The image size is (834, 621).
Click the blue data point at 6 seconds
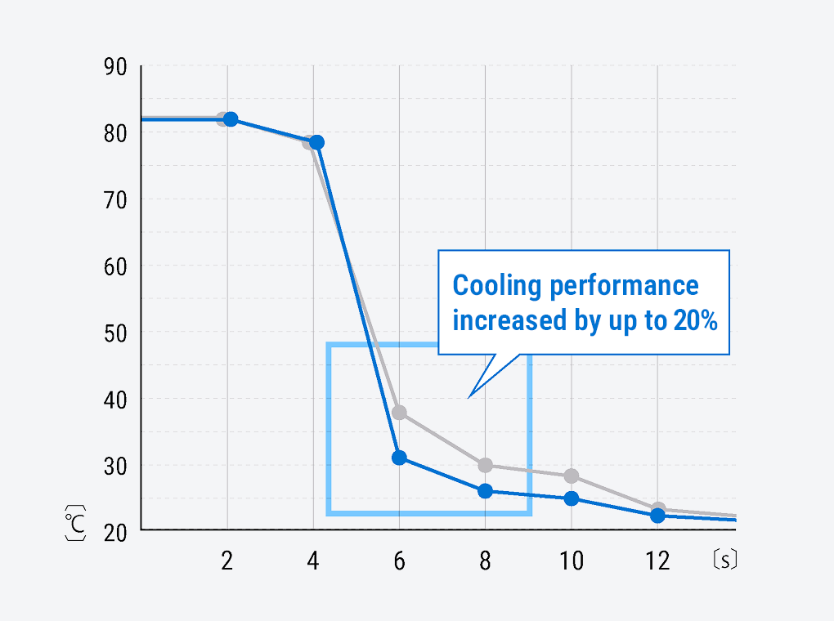pyautogui.click(x=399, y=458)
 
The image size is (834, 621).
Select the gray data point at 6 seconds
pyautogui.click(x=399, y=413)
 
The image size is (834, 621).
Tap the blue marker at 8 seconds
pyautogui.click(x=485, y=491)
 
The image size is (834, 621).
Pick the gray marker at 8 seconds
pyautogui.click(x=485, y=466)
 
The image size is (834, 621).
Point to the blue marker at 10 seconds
pyautogui.click(x=572, y=498)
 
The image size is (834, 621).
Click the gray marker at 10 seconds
pyautogui.click(x=572, y=476)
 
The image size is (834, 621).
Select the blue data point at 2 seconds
pyautogui.click(x=231, y=119)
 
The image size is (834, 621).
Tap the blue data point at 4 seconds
pyautogui.click(x=316, y=142)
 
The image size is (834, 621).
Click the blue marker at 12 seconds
pyautogui.click(x=657, y=516)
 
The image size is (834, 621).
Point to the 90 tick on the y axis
pyautogui.click(x=115, y=66)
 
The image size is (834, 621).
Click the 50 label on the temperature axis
pyautogui.click(x=115, y=333)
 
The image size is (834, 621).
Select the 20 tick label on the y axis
pyautogui.click(x=115, y=531)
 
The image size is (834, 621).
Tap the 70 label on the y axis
pyautogui.click(x=115, y=199)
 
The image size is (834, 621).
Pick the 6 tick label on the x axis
pyautogui.click(x=399, y=561)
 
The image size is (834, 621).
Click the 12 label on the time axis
pyautogui.click(x=657, y=561)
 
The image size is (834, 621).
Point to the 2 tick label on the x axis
pyautogui.click(x=226, y=561)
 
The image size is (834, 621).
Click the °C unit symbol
pyautogui.click(x=75, y=523)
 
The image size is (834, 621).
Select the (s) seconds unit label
pyautogui.click(x=724, y=561)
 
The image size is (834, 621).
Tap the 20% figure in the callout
pyautogui.click(x=696, y=321)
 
